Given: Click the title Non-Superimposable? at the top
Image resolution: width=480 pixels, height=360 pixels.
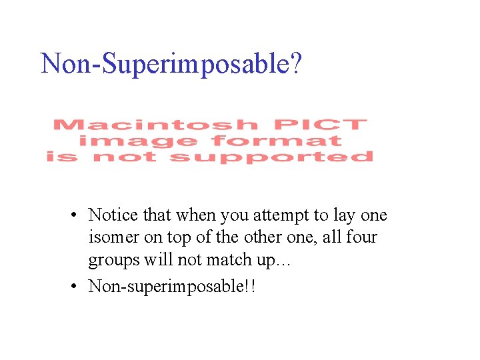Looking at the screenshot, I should pos(171,64).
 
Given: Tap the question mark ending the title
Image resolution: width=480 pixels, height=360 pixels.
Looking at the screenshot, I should pos(296,64).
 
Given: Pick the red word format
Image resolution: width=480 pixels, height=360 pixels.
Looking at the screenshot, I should pos(276,141).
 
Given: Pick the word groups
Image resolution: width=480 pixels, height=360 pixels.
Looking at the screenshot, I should pos(112,260).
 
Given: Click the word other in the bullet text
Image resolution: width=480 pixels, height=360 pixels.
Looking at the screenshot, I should pos(263,237).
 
